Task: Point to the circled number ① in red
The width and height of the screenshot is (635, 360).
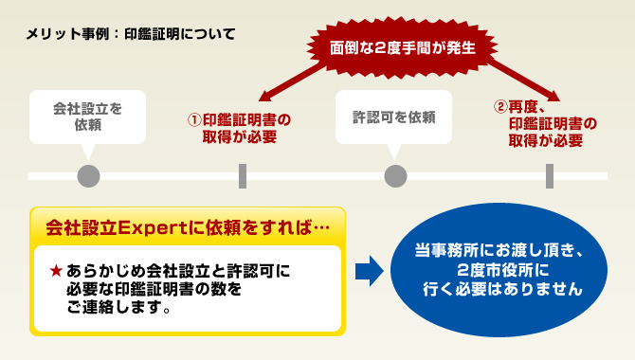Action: (195, 120)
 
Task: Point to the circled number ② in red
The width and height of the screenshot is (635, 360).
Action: (500, 106)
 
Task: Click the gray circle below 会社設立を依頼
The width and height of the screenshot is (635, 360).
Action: (88, 175)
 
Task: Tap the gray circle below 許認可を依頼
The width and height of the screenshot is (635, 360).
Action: (394, 175)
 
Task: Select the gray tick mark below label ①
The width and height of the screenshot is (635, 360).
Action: (242, 175)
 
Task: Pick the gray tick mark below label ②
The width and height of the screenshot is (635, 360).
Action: (549, 175)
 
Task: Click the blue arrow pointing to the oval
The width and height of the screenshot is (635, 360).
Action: (369, 272)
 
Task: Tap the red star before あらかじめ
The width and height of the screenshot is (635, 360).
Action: (57, 272)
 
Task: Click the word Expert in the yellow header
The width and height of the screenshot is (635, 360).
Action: (146, 229)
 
